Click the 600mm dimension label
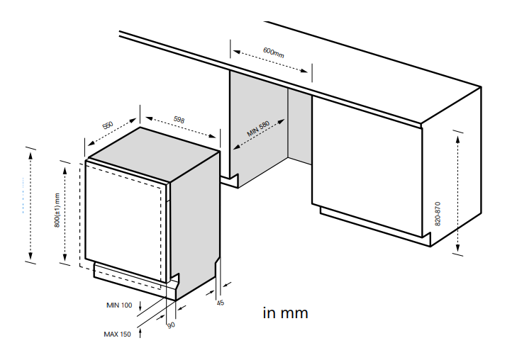coord(273,52)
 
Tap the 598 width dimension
coord(179,120)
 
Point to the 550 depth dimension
coord(108,125)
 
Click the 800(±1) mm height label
coord(57,210)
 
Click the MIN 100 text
coord(119,305)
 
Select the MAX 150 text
coord(117,333)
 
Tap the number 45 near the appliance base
coord(220,303)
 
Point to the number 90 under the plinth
coord(170,325)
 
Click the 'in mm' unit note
coord(285,313)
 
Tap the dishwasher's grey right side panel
coord(194,220)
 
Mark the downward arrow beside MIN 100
coord(140,306)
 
